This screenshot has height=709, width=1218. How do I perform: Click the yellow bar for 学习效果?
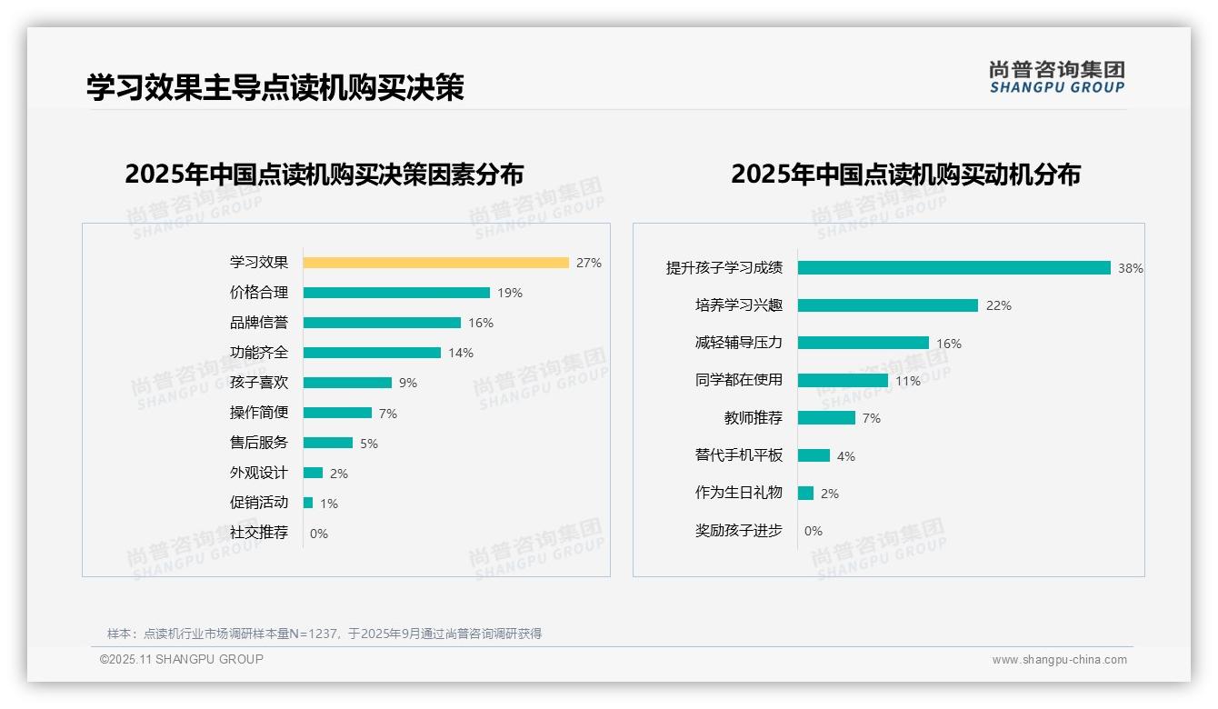click(435, 263)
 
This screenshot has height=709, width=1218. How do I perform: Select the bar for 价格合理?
click(396, 293)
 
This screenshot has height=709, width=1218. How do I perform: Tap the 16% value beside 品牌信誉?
click(481, 323)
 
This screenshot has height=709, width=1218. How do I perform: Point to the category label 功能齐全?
click(258, 353)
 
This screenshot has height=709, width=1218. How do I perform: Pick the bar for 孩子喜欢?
click(347, 383)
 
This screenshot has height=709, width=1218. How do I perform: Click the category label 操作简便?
click(258, 413)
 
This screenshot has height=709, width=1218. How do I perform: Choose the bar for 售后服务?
click(327, 443)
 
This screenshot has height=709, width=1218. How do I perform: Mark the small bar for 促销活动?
click(308, 503)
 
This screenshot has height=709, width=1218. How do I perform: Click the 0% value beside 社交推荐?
click(319, 534)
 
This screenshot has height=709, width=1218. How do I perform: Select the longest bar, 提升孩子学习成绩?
click(953, 268)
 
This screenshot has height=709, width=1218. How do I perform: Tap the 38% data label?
click(1131, 268)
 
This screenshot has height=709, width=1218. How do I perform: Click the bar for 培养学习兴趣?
click(887, 305)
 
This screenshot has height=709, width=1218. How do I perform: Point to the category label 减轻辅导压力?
click(738, 343)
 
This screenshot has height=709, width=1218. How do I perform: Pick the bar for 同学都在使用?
click(843, 381)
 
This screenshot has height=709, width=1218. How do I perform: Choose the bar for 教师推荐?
click(826, 418)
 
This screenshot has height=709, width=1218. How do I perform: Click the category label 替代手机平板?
click(738, 455)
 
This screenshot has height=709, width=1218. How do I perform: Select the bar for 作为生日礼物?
click(805, 494)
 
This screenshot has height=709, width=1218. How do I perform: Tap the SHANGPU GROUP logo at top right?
click(1056, 77)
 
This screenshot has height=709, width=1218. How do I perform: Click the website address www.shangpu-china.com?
click(1059, 660)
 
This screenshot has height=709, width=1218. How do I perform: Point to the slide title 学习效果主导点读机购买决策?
click(275, 87)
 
